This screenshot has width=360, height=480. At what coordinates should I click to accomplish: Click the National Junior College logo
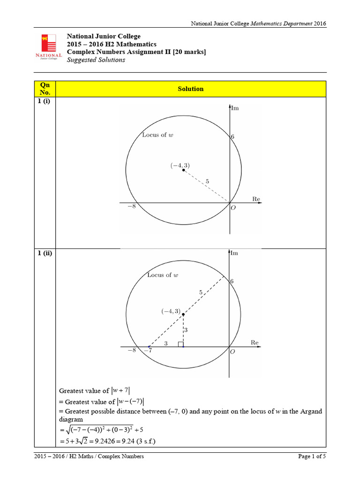tap(48, 47)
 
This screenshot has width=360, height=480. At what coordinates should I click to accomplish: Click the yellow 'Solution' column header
tap(190, 89)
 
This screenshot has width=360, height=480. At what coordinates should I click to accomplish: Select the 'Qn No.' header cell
tap(45, 89)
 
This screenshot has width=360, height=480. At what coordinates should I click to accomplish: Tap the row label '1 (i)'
tap(45, 103)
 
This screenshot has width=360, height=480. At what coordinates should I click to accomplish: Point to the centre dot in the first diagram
tap(183, 170)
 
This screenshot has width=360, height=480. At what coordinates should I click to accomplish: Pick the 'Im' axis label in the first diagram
tap(235, 108)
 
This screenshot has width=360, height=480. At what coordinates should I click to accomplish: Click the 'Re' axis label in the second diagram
tap(255, 343)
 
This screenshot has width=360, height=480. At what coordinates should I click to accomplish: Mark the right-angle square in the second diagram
tap(180, 345)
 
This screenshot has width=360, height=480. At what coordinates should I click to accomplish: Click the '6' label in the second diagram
tap(232, 281)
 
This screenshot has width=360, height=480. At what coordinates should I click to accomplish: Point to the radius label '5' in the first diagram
tap(207, 181)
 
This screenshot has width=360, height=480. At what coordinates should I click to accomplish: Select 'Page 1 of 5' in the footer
tap(312, 456)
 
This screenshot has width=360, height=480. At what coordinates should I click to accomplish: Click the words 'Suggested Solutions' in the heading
tap(96, 60)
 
